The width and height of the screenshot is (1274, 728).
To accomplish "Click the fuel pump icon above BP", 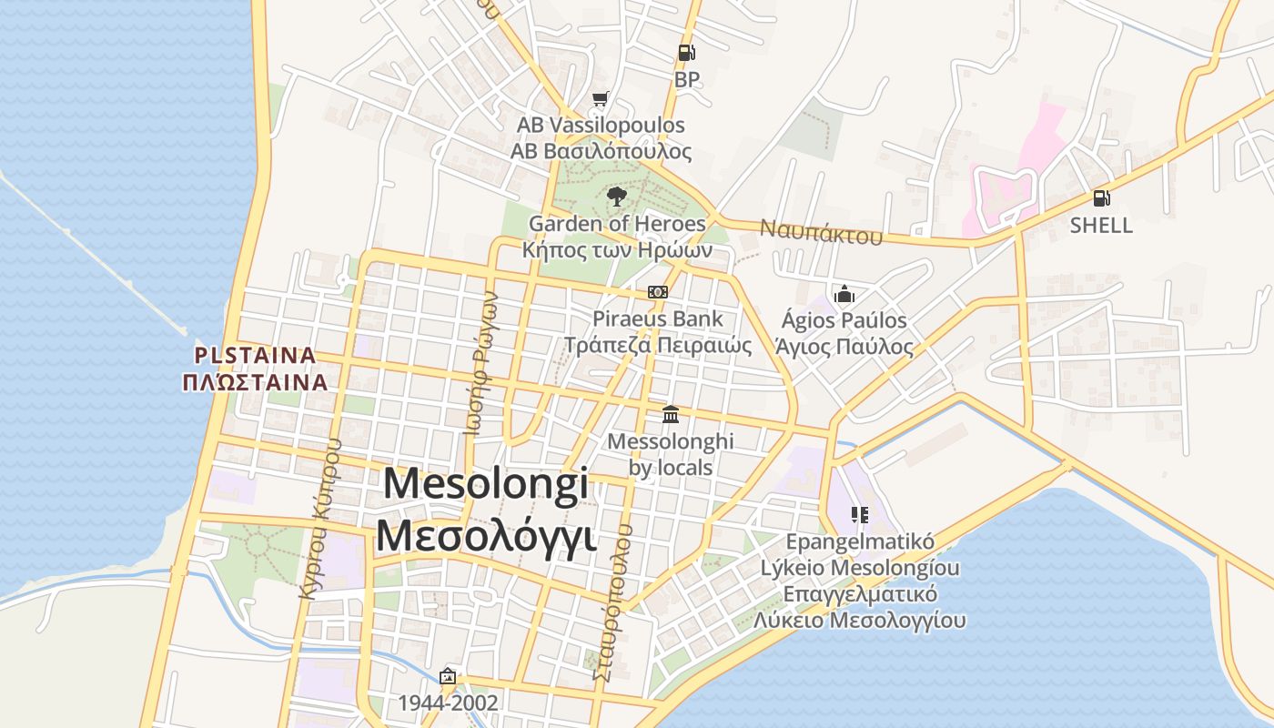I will tap(687, 53).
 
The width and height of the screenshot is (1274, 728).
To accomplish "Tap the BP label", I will tap(687, 80).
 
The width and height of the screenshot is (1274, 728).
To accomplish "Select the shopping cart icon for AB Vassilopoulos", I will tap(600, 98).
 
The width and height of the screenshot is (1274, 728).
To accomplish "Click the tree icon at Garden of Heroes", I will tap(616, 196).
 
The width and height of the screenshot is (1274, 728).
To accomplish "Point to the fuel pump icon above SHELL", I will tap(1101, 197).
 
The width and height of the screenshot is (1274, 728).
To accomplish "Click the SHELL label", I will tap(1101, 226).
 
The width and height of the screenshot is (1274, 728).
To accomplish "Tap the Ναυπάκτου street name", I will tap(822, 232).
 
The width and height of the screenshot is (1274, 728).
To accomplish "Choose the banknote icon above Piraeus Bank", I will tap(658, 292).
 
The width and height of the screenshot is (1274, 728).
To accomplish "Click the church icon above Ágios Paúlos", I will tap(844, 294).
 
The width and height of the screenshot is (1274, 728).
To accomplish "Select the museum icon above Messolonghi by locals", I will tap(671, 414).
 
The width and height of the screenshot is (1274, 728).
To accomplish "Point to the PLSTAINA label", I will tap(256, 355).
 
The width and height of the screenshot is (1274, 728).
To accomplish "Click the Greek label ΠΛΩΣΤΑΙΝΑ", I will tap(255, 381).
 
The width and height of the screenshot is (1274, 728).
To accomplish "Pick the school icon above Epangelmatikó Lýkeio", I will tap(860, 515).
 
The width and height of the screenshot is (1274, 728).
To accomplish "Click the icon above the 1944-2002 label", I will tap(447, 676).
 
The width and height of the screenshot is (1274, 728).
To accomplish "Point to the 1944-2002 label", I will tap(448, 703).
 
